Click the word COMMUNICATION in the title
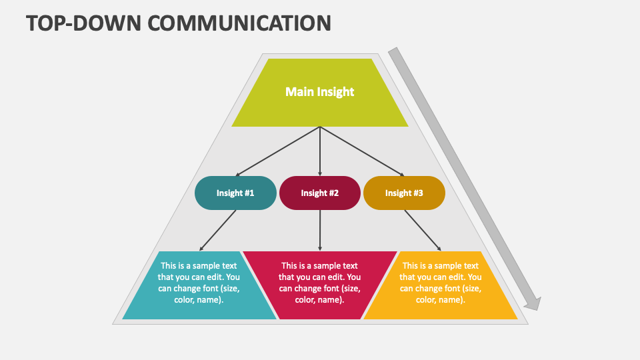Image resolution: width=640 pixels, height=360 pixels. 239,22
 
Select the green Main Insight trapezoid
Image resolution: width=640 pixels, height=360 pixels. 320,107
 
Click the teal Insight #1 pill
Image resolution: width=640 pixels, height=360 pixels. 235,193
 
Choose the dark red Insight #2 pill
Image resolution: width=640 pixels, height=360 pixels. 320,193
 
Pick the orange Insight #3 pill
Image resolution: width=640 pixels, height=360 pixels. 404,193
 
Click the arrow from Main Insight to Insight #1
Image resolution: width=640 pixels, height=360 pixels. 278,151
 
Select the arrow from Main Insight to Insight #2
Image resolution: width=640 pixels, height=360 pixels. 320,151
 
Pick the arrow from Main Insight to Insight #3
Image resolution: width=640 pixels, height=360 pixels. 362,151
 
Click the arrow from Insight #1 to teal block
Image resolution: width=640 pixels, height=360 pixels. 218,231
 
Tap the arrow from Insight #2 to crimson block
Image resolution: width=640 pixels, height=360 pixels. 320,231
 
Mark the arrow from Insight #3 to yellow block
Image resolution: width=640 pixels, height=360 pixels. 422,231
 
